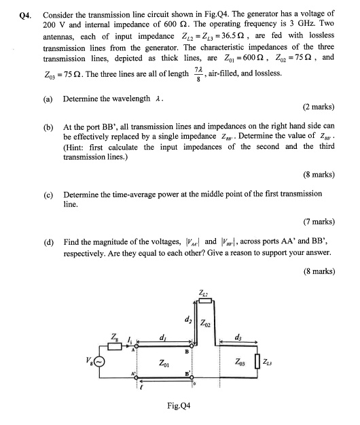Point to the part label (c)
click(x=48, y=194)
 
